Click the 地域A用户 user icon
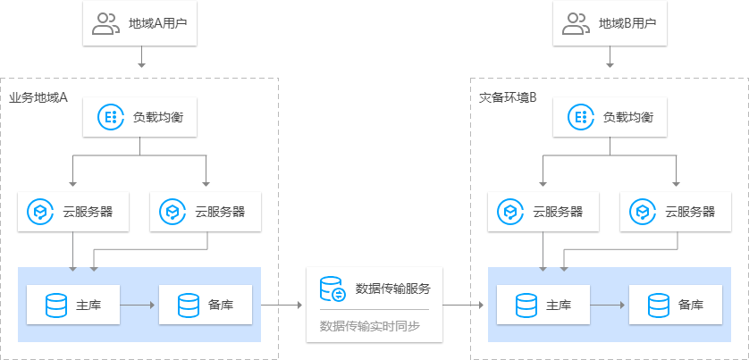(105, 24)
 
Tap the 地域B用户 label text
(627, 24)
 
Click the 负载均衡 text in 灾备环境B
(627, 116)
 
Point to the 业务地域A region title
(38, 96)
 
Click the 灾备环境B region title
(507, 96)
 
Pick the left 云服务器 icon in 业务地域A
(40, 212)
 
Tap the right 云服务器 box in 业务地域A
(206, 212)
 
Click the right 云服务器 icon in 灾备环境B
(643, 212)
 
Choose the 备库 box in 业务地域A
(206, 305)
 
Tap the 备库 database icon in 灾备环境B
(659, 305)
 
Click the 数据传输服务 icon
(332, 289)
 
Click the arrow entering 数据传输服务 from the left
(282, 305)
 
